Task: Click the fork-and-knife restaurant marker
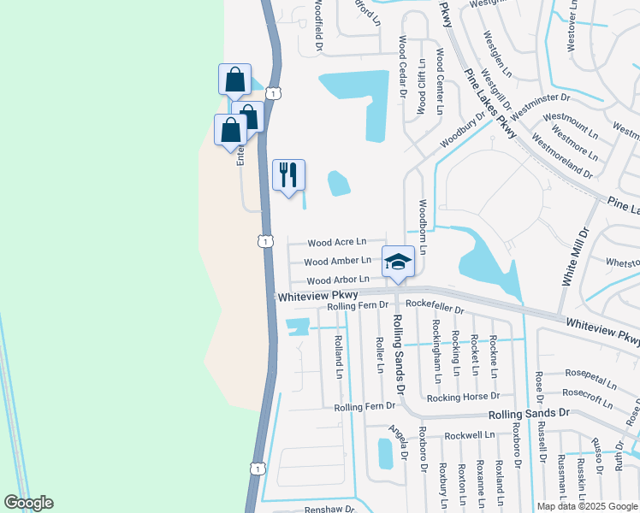pyautogui.click(x=288, y=175)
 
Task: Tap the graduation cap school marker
pyautogui.click(x=398, y=262)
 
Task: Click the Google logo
pyautogui.click(x=29, y=503)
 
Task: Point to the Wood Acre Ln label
pyautogui.click(x=336, y=243)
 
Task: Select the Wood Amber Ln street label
pyautogui.click(x=337, y=261)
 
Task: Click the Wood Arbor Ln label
pyautogui.click(x=337, y=280)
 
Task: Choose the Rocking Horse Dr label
pyautogui.click(x=463, y=397)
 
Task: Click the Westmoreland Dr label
pyautogui.click(x=562, y=155)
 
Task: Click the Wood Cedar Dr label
pyautogui.click(x=400, y=68)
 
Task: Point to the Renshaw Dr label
pyautogui.click(x=329, y=509)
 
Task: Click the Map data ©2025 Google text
pyautogui.click(x=586, y=506)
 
